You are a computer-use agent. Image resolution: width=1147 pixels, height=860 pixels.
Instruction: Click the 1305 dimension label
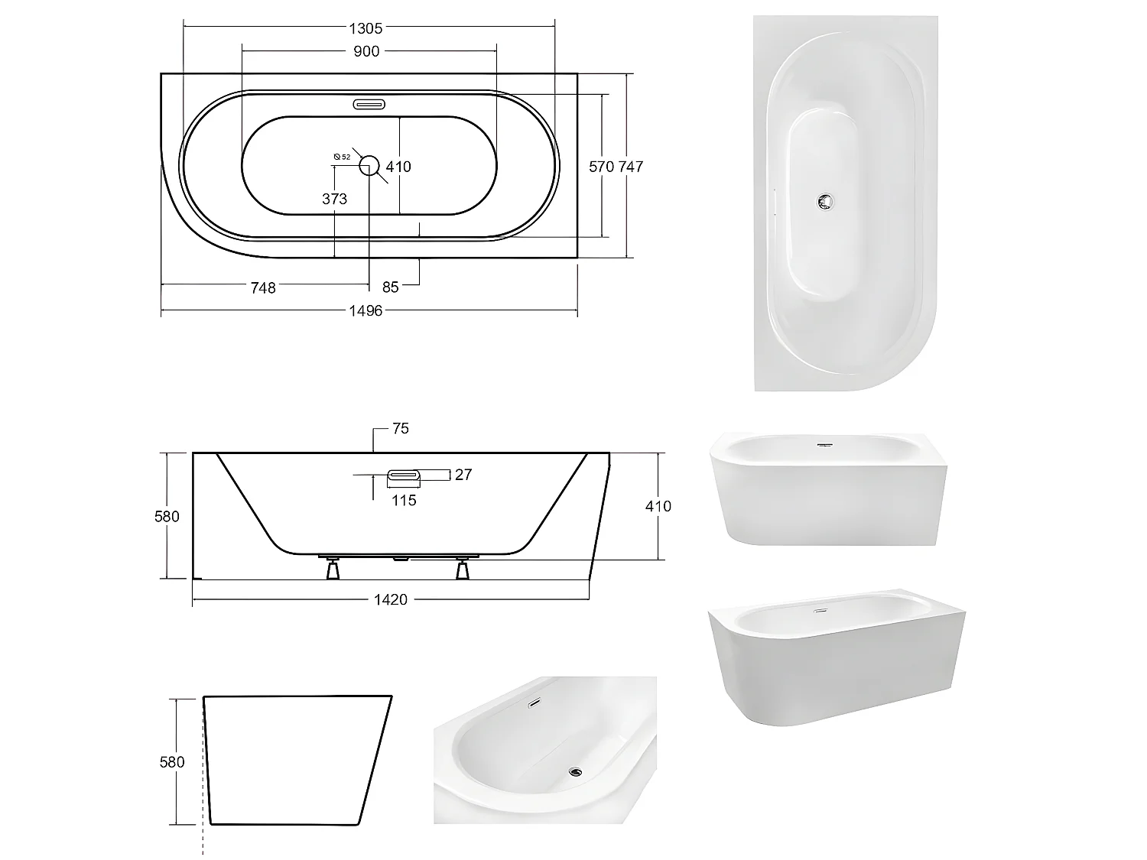pyautogui.click(x=365, y=28)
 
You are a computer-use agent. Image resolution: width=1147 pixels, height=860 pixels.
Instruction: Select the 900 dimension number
pyautogui.click(x=366, y=51)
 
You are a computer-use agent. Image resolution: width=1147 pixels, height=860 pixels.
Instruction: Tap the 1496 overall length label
pyautogui.click(x=366, y=310)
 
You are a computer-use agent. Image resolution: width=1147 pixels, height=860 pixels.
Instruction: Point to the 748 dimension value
pyautogui.click(x=263, y=287)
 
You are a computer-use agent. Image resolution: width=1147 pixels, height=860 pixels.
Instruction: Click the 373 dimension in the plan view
pyautogui.click(x=334, y=199)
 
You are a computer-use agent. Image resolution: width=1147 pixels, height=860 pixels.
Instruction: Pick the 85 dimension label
pyautogui.click(x=391, y=287)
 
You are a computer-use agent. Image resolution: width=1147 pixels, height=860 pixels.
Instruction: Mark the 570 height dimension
pyautogui.click(x=602, y=166)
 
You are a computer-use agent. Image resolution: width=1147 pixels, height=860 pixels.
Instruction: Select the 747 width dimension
pyautogui.click(x=631, y=166)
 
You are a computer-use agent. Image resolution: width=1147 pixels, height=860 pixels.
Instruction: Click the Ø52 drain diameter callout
pyautogui.click(x=342, y=156)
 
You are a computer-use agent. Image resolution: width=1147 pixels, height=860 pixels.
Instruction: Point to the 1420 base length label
pyautogui.click(x=390, y=599)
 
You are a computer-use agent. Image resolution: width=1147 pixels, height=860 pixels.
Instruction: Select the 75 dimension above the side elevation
pyautogui.click(x=400, y=429)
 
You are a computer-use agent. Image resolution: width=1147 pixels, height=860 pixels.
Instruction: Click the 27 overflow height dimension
pyautogui.click(x=463, y=475)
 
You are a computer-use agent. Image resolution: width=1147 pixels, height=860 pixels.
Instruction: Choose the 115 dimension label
pyautogui.click(x=404, y=500)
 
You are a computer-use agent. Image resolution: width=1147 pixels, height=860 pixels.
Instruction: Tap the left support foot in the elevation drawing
pyautogui.click(x=333, y=570)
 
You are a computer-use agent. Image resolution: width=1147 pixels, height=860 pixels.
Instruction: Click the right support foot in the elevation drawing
pyautogui.click(x=462, y=570)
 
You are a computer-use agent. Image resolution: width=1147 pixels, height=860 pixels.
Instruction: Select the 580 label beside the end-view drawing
pyautogui.click(x=172, y=761)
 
